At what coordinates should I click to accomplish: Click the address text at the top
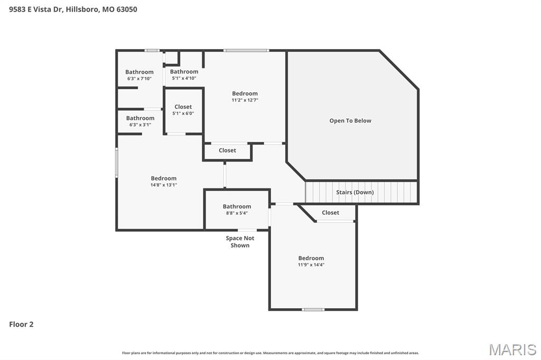(73, 9)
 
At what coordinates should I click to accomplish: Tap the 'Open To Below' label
(350, 121)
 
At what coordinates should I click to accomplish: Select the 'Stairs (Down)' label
(355, 192)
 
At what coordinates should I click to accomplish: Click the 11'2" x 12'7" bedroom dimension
(245, 100)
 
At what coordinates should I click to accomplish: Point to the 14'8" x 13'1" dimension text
(163, 185)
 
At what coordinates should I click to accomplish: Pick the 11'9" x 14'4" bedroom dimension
(311, 265)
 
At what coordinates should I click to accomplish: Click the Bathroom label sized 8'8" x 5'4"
(237, 206)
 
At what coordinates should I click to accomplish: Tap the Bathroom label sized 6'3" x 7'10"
(139, 72)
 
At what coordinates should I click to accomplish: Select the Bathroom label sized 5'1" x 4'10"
(184, 71)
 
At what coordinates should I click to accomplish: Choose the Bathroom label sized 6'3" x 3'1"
(140, 118)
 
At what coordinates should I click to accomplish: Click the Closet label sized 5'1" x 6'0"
(183, 107)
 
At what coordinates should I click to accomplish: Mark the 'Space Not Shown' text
(240, 242)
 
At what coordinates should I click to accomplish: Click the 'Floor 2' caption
(21, 325)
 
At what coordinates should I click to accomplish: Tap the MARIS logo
(512, 349)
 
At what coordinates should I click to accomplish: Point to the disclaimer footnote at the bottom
(270, 353)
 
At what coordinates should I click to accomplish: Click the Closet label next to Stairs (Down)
(331, 213)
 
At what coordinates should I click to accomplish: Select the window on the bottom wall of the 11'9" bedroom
(313, 309)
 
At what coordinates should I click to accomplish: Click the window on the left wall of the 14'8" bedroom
(117, 163)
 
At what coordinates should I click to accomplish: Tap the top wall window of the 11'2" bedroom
(246, 51)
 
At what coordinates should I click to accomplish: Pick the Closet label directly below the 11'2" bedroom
(227, 150)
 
